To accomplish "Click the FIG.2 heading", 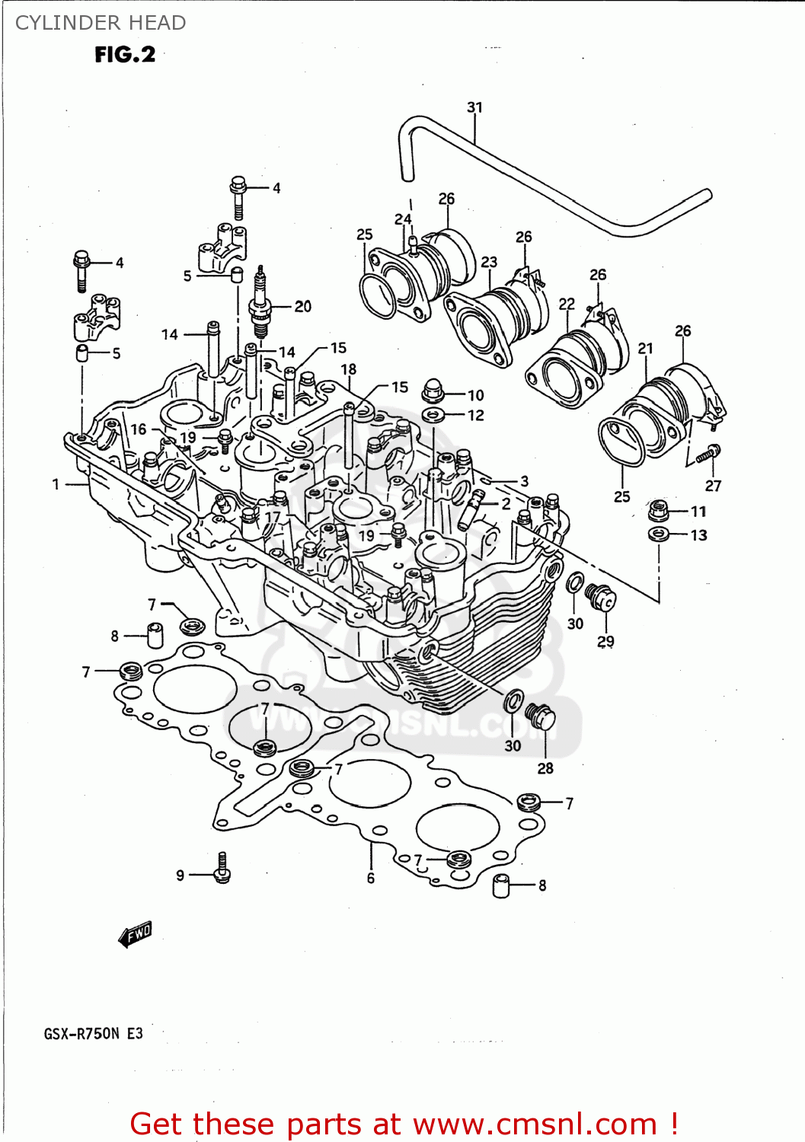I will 125,55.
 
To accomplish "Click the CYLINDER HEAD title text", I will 101,23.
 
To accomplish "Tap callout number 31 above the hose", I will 474,107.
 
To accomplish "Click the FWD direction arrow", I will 136,934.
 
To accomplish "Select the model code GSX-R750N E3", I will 93,1034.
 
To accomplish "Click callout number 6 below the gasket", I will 371,878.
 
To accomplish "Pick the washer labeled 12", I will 434,415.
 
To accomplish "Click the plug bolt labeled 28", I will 541,718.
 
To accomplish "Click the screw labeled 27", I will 708,454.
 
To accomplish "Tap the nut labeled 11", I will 659,509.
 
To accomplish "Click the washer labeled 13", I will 659,534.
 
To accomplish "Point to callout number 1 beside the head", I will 56,483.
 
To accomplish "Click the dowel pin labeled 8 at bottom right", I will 501,885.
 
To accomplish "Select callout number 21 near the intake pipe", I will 645,349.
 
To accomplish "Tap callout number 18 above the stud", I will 348,369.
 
